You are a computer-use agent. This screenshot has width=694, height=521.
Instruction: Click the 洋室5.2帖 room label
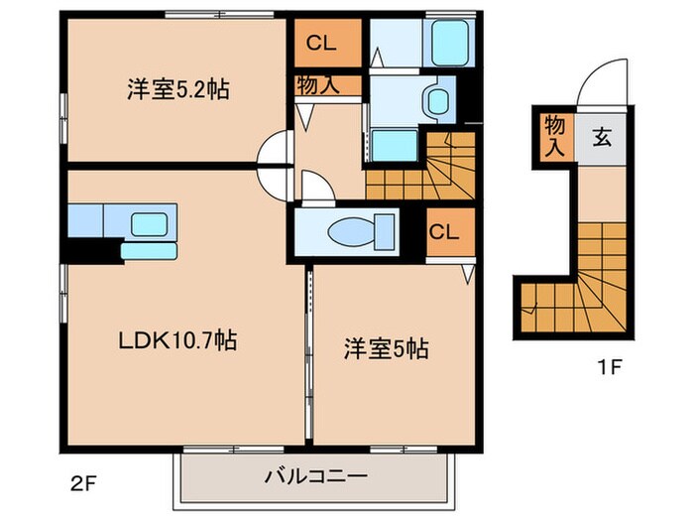[x=177, y=90]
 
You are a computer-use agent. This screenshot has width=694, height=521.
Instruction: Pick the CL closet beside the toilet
[x=442, y=232]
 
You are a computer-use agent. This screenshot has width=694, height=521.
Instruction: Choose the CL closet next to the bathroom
[x=319, y=43]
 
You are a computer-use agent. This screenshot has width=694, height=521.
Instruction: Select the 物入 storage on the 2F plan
[x=317, y=85]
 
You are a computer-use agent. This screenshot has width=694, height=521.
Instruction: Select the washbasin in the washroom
[x=433, y=98]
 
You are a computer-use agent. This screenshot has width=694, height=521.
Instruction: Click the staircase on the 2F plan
[x=424, y=169]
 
